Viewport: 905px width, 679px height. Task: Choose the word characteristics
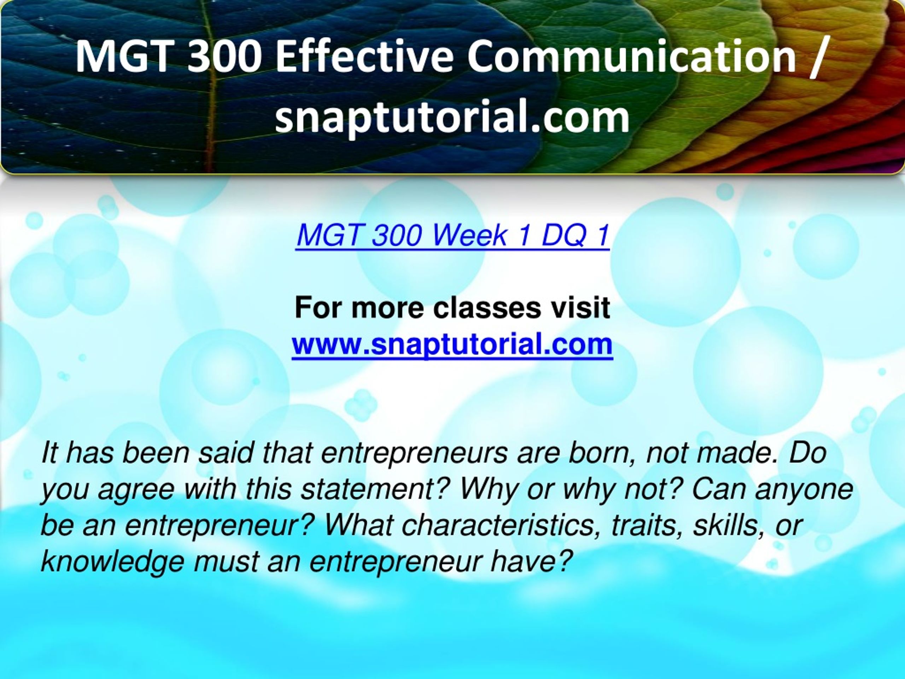tap(497, 525)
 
